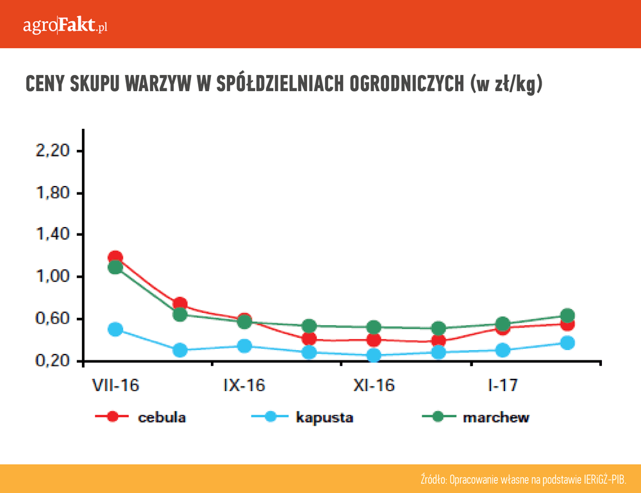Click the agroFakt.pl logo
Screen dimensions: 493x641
[65, 26]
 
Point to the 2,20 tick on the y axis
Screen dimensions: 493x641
[50, 151]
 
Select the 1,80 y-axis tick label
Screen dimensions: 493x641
[50, 193]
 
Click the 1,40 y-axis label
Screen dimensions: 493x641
[50, 235]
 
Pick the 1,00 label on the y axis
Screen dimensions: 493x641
[50, 277]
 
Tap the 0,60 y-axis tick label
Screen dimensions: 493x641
[50, 319]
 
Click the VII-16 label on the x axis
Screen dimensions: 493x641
[115, 385]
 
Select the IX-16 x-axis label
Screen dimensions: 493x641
[244, 385]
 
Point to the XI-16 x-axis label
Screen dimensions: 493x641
[374, 385]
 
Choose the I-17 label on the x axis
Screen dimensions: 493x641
[503, 385]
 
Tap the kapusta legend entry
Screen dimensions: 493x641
[324, 417]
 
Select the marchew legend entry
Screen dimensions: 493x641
[496, 417]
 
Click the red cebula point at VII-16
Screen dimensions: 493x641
[115, 258]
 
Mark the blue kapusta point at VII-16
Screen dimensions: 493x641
[115, 330]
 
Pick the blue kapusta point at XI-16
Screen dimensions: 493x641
[374, 355]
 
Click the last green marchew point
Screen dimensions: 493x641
[567, 315]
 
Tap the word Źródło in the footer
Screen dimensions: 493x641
[433, 480]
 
